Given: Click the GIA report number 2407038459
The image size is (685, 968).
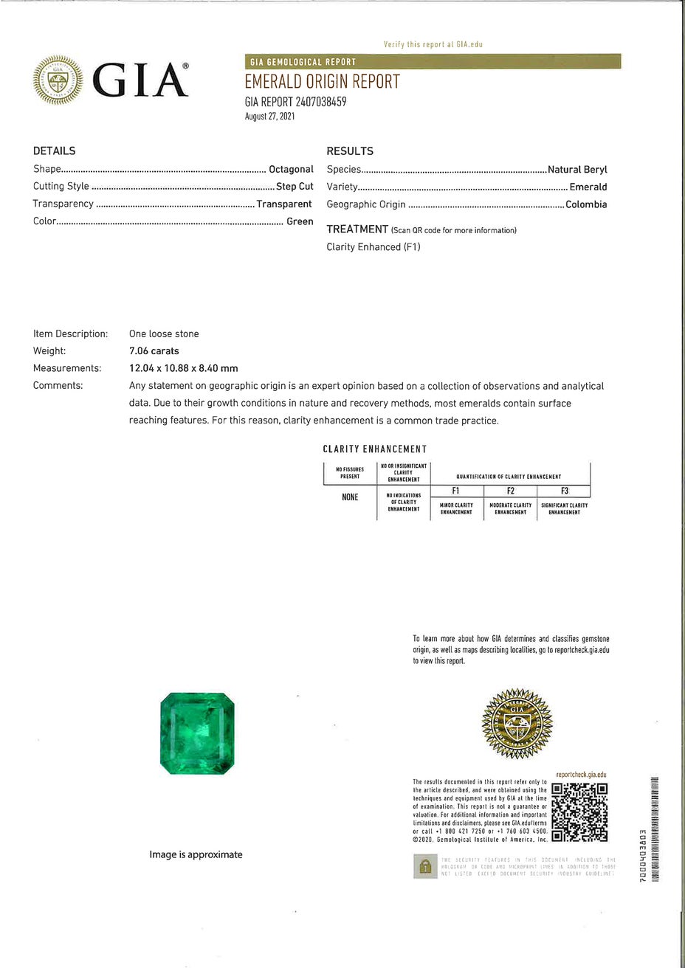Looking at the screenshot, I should (295, 102).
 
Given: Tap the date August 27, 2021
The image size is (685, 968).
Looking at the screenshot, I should (269, 117).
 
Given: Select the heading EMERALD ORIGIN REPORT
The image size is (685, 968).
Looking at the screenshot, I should (322, 81).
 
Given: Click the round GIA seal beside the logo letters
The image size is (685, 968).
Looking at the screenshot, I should (58, 80).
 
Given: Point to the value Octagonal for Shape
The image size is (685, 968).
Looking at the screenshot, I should (291, 169).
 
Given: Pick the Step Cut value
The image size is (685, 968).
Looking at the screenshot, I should (295, 187).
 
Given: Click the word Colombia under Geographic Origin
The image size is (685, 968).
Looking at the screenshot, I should (586, 204).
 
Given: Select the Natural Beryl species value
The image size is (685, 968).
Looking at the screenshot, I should (577, 169).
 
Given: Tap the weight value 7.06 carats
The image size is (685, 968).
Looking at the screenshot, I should (154, 351).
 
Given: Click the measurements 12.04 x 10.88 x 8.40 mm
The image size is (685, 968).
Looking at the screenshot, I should (183, 368).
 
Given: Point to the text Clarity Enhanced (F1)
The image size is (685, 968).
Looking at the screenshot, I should (374, 247).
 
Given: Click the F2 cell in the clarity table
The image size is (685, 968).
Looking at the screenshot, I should (510, 491).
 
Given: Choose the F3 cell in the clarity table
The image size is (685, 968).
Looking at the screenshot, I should (564, 491).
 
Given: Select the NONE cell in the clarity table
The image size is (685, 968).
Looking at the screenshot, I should (350, 497).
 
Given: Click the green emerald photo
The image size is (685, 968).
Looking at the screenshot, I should (197, 734).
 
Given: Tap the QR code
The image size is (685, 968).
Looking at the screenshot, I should (579, 812).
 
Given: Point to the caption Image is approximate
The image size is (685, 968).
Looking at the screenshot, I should (196, 854).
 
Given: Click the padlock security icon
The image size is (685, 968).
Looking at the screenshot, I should (424, 866).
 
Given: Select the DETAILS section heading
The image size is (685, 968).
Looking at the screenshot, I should (54, 151).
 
